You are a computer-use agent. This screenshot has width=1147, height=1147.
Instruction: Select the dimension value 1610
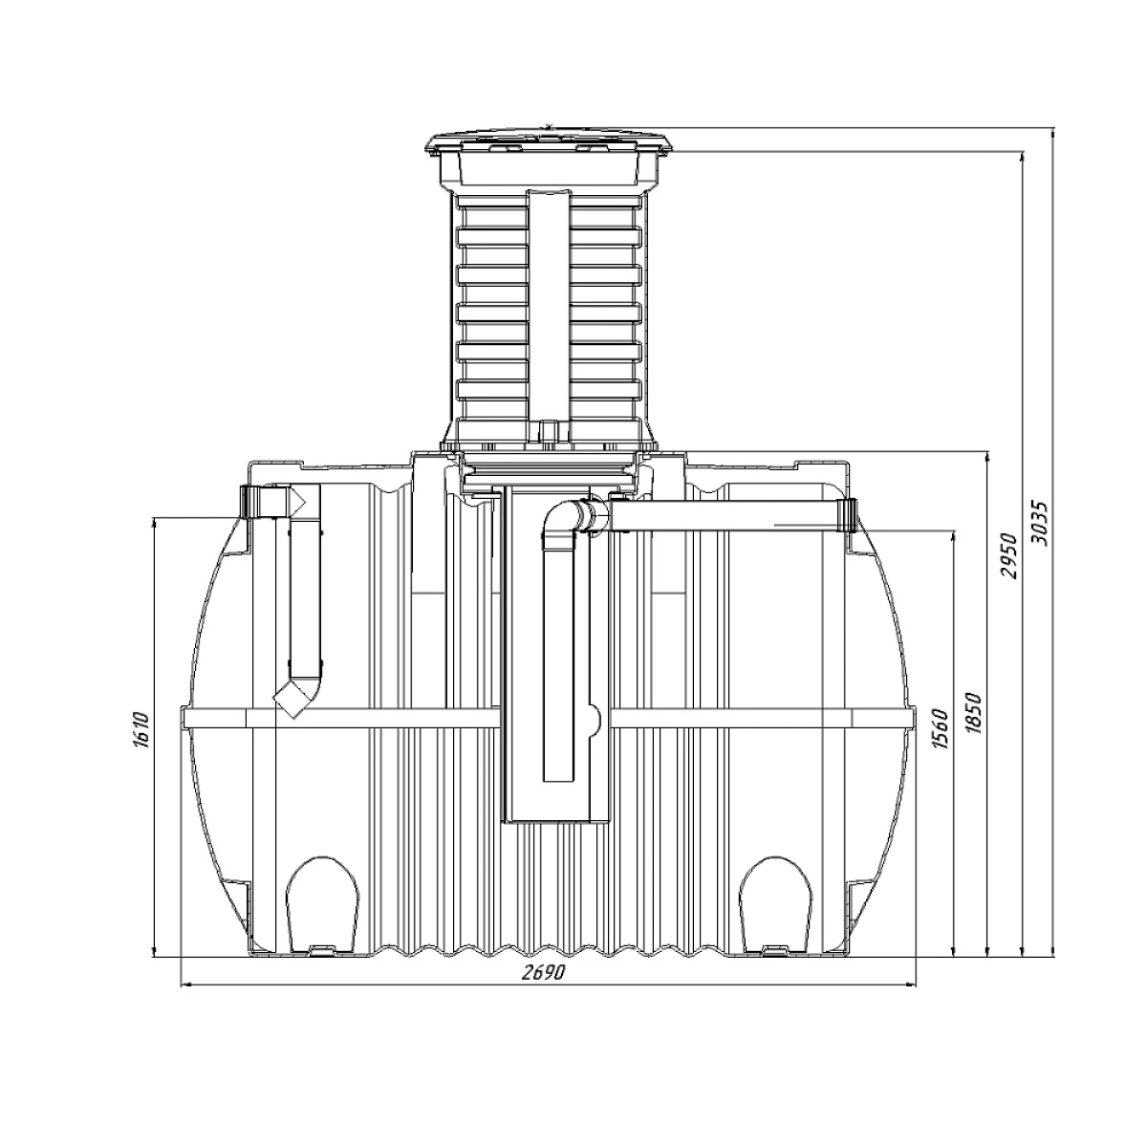(139, 729)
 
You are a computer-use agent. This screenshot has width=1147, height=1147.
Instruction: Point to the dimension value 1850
(974, 713)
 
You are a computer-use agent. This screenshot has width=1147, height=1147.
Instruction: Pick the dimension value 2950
(1009, 556)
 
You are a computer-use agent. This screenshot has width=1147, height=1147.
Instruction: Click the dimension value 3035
(1042, 524)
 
